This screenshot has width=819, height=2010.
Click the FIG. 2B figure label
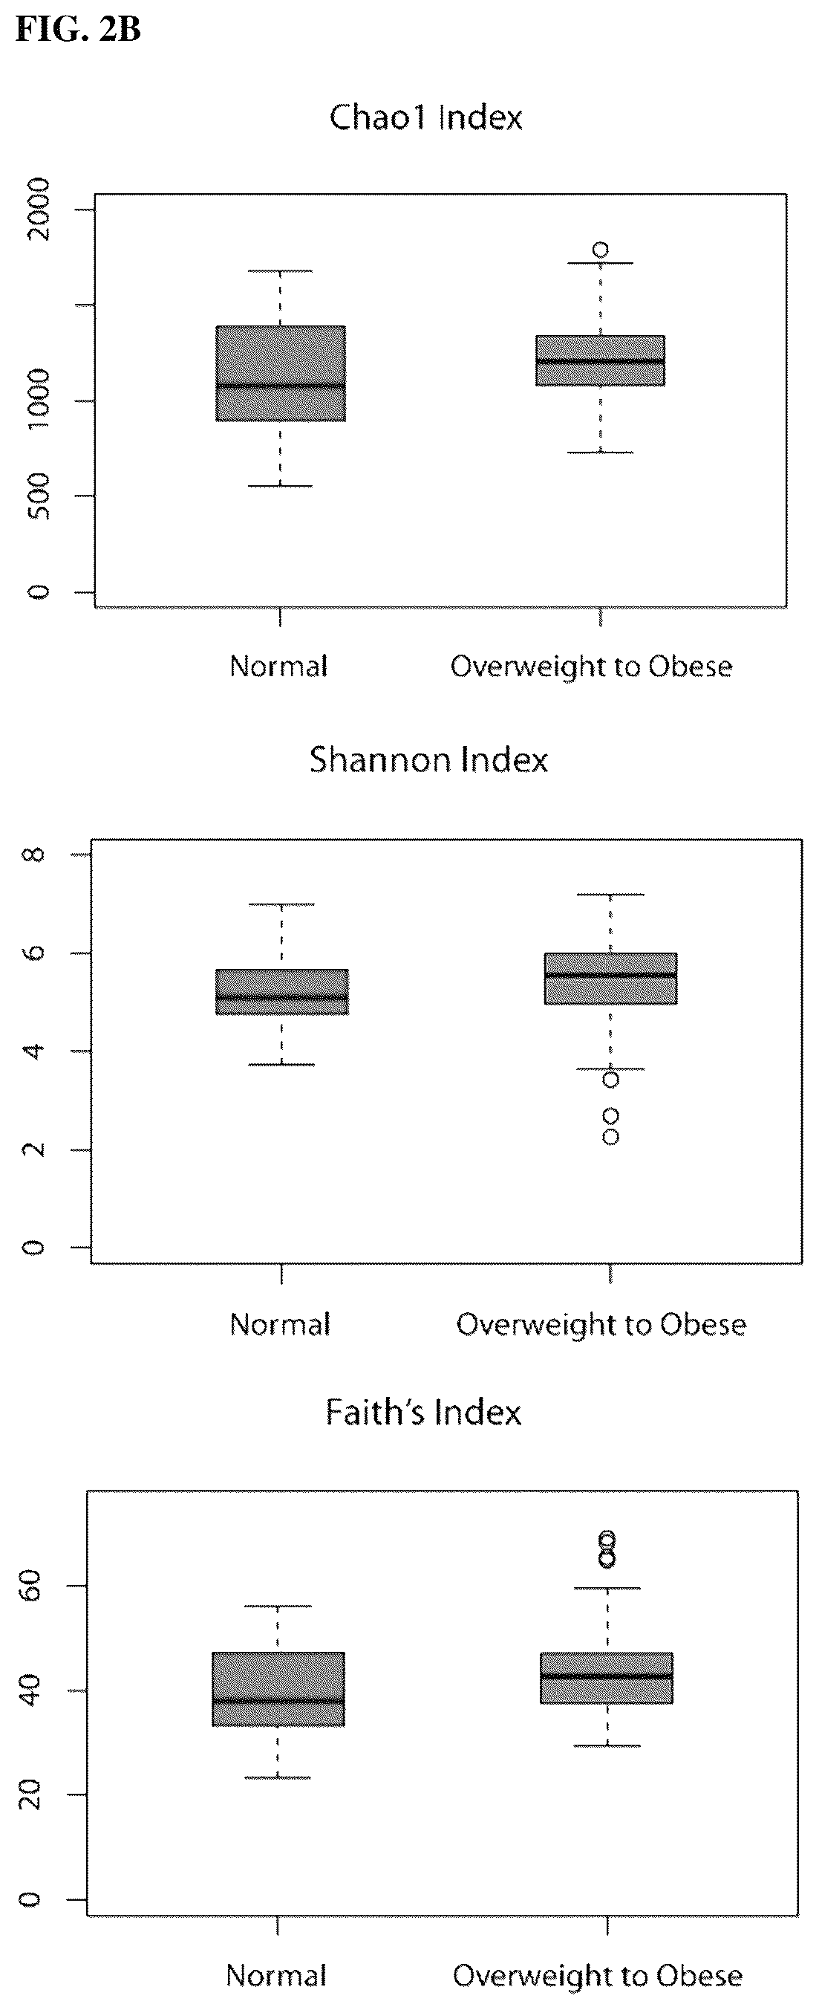(x=78, y=30)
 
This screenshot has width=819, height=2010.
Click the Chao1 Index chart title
(x=426, y=118)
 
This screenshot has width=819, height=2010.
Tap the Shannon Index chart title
(x=428, y=760)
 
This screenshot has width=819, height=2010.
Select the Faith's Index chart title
(x=423, y=1413)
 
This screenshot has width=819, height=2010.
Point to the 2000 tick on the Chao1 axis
(x=37, y=209)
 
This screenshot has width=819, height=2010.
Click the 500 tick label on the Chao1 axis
(x=37, y=496)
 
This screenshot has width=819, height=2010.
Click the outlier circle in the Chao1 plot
(x=601, y=250)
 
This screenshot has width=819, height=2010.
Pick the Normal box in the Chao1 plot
(x=281, y=374)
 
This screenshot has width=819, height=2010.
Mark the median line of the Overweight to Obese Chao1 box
(x=601, y=360)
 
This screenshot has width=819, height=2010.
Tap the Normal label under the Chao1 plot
(x=278, y=667)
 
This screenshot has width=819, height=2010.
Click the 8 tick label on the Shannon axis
(x=35, y=855)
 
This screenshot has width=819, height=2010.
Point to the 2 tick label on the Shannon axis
(x=35, y=1150)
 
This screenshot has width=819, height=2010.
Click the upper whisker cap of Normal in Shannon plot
(x=281, y=904)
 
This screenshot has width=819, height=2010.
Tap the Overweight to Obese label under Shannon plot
(x=601, y=1324)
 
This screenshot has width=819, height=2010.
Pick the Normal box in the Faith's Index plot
(x=278, y=1689)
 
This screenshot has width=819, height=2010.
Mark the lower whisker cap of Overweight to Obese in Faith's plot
(x=607, y=1745)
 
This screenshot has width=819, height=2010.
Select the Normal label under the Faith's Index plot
(x=276, y=1975)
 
